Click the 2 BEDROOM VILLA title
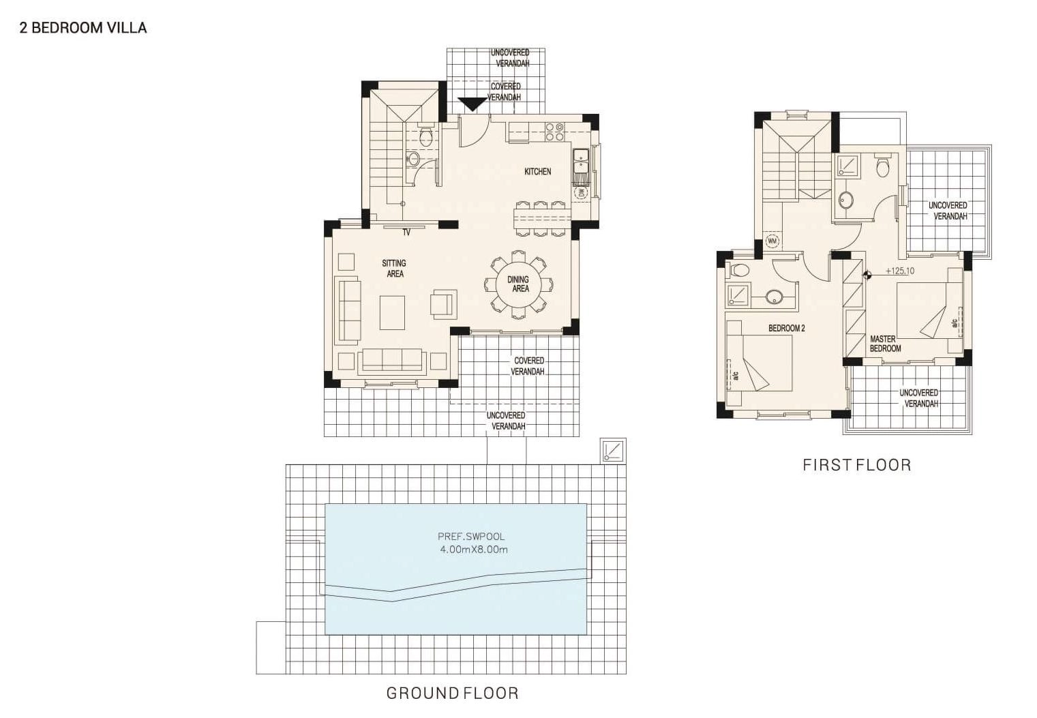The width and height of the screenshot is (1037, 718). [83, 28]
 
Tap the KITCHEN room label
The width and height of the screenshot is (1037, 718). [537, 171]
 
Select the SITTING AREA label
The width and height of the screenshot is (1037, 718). [394, 269]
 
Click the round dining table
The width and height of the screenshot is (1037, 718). [518, 284]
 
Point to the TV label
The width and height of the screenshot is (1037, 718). [406, 233]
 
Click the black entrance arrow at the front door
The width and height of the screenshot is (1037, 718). [472, 104]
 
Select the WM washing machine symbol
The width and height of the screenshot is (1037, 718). [772, 241]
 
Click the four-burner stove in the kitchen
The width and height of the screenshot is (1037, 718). [554, 132]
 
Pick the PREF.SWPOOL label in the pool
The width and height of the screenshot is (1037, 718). [471, 537]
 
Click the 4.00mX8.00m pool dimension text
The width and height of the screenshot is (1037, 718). [474, 550]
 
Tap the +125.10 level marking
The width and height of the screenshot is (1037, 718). [900, 271]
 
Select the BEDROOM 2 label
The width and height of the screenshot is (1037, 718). [787, 328]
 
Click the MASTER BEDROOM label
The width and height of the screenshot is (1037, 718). [885, 344]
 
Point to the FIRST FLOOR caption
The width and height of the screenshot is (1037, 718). [857, 465]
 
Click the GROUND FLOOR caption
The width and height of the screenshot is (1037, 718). [452, 693]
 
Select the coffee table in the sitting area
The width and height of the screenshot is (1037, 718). [392, 312]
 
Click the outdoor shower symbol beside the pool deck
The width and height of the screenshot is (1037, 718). [614, 451]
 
